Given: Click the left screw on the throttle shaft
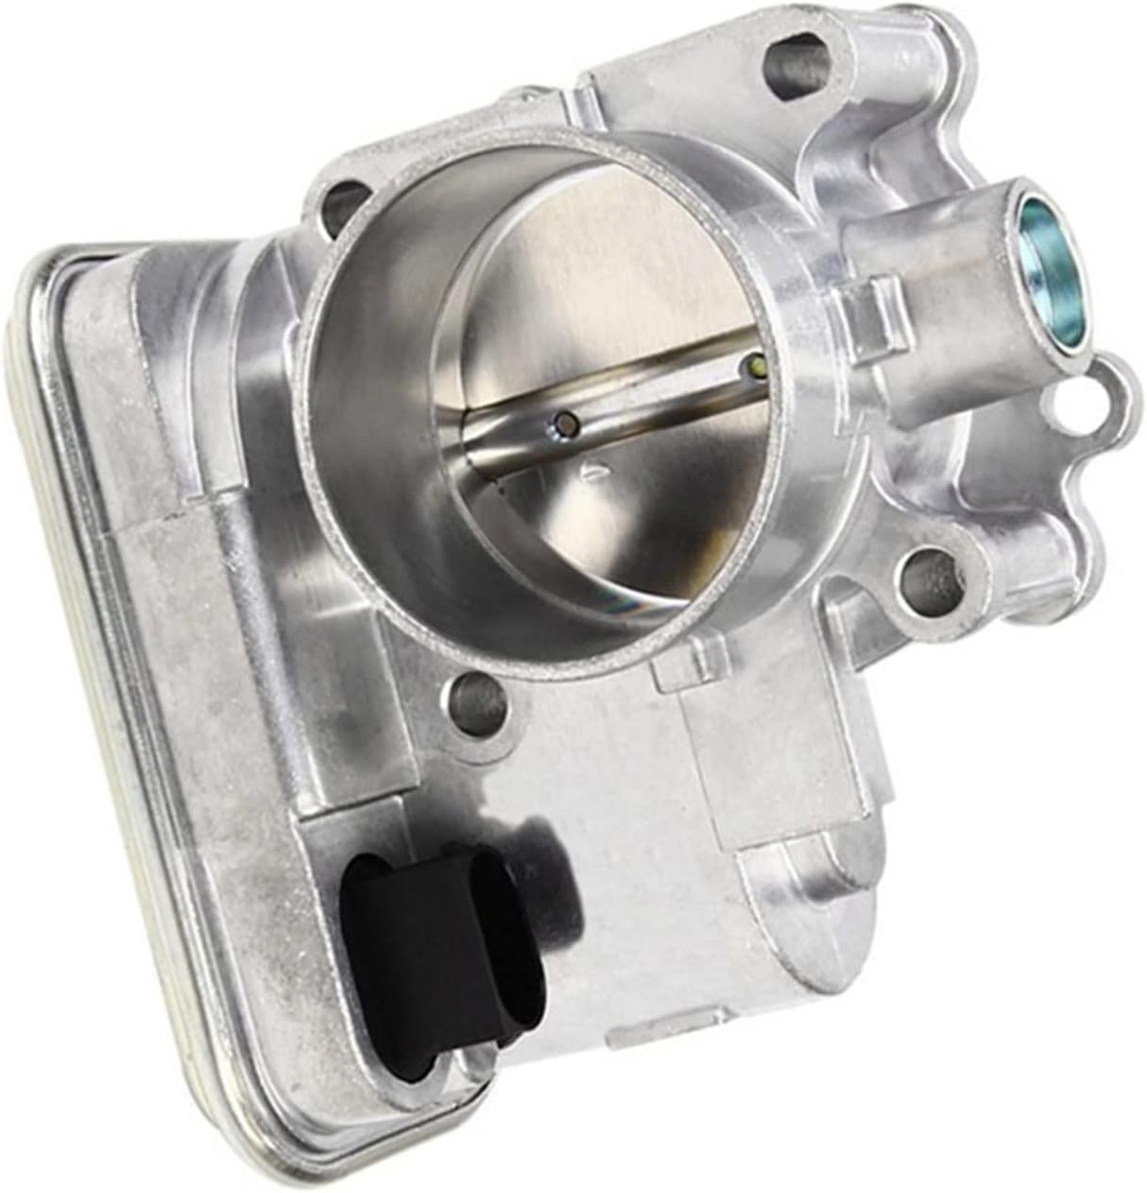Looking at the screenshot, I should click(x=565, y=425).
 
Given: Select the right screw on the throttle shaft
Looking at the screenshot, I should click(x=755, y=365).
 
